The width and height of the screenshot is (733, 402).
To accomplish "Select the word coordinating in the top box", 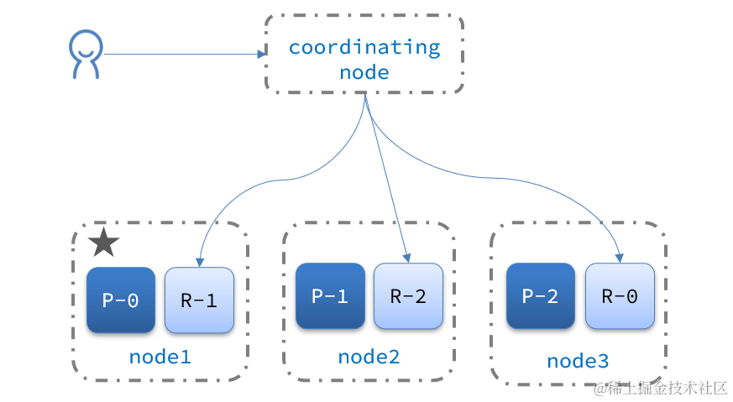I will [x=364, y=47].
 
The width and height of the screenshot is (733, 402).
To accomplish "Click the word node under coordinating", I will [x=364, y=72].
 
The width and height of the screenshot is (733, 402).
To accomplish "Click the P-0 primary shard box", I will [x=120, y=300].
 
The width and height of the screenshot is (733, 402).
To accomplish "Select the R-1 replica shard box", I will [x=199, y=300].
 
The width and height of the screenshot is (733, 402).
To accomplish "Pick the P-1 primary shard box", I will [x=330, y=295].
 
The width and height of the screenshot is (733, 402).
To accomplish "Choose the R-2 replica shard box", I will [x=408, y=295].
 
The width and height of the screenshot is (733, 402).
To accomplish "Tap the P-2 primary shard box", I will [x=541, y=295].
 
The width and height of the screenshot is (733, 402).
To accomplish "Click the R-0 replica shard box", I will [x=620, y=295].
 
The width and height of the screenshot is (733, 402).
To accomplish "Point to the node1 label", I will [x=160, y=357].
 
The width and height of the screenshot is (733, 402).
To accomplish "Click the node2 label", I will [x=369, y=357].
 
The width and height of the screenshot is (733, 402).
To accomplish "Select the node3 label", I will [x=578, y=361].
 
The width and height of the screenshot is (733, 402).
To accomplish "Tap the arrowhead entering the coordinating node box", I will [x=261, y=55].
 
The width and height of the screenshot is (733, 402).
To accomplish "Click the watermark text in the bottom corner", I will [x=660, y=388].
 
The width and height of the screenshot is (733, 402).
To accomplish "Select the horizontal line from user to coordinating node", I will [x=181, y=55].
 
